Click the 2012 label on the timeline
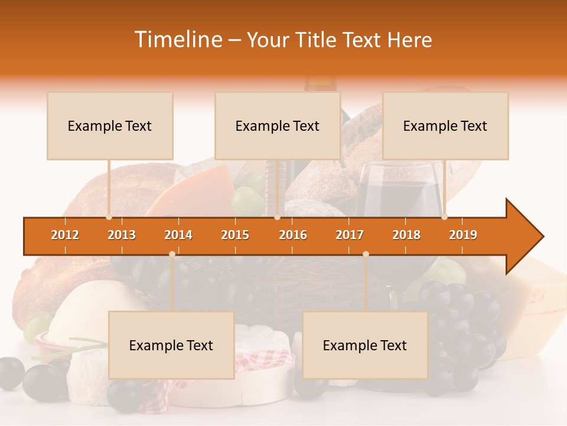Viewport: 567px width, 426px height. [65, 235]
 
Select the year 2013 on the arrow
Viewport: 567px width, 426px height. [122, 235]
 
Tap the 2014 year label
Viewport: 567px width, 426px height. [178, 235]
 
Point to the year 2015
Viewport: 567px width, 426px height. [235, 235]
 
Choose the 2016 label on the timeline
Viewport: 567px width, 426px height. [293, 235]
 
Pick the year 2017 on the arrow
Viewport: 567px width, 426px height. [350, 235]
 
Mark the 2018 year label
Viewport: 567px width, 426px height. [406, 235]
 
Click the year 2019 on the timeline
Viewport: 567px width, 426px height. [463, 235]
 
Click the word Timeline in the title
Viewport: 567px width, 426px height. [177, 40]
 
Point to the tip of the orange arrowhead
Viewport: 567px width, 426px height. [543, 237]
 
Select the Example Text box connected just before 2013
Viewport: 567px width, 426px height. [110, 126]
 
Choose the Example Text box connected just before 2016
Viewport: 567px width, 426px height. [278, 126]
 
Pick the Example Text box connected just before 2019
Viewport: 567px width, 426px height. [445, 126]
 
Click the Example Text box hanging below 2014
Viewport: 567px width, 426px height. [171, 345]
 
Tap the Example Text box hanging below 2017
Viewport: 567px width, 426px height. [365, 345]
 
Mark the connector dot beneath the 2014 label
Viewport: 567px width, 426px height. [172, 254]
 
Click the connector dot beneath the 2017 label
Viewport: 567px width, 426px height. [366, 254]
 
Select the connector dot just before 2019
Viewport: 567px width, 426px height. [444, 217]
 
